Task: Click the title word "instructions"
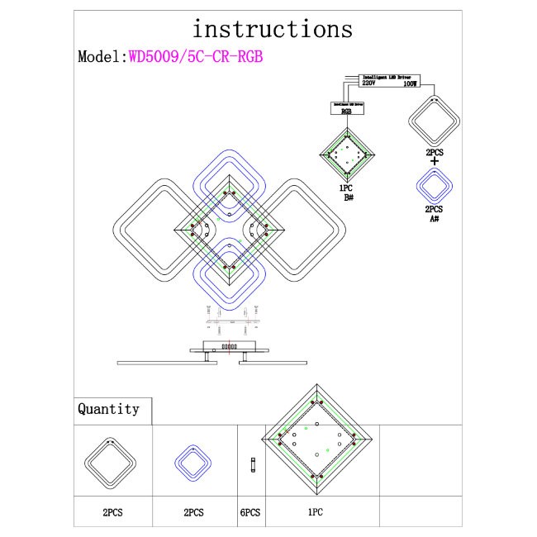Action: pyautogui.click(x=272, y=29)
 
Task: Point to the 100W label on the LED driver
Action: pyautogui.click(x=411, y=83)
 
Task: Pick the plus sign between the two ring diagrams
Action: pyautogui.click(x=434, y=161)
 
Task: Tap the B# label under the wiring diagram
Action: pyautogui.click(x=348, y=197)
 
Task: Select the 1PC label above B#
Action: pyautogui.click(x=348, y=188)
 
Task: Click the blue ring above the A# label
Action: pyautogui.click(x=434, y=185)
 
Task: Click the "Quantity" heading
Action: pyautogui.click(x=108, y=409)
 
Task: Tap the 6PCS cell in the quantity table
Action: pyautogui.click(x=250, y=512)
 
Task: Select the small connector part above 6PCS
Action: pyautogui.click(x=251, y=466)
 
